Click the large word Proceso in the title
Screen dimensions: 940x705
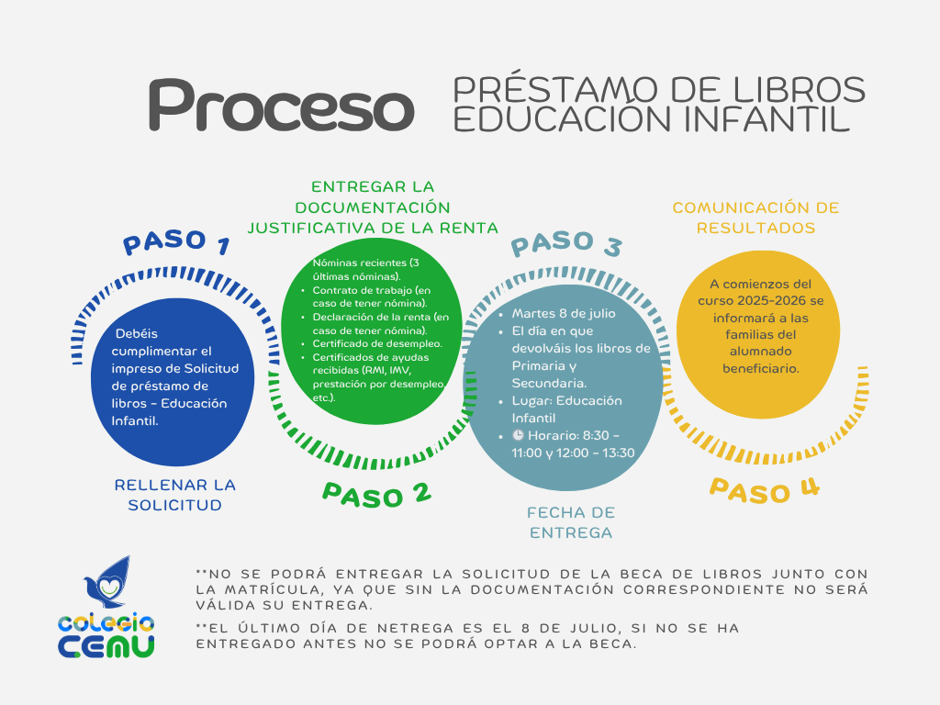click(x=282, y=105)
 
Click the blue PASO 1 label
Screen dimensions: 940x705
click(x=176, y=241)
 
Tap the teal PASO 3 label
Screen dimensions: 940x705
click(x=566, y=242)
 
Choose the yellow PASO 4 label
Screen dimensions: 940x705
click(x=765, y=490)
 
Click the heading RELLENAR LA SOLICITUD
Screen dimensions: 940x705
click(x=175, y=495)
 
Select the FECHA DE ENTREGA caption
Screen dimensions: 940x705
click(x=571, y=522)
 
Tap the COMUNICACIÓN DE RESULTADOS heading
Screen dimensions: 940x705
click(x=756, y=218)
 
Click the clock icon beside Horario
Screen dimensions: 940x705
click(x=518, y=435)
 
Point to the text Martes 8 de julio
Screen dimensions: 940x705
click(x=564, y=314)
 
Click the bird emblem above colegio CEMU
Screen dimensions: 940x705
click(x=108, y=581)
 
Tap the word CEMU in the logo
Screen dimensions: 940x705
click(x=106, y=646)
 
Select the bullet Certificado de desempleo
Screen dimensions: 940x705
click(x=377, y=343)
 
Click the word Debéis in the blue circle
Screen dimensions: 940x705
click(x=137, y=333)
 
